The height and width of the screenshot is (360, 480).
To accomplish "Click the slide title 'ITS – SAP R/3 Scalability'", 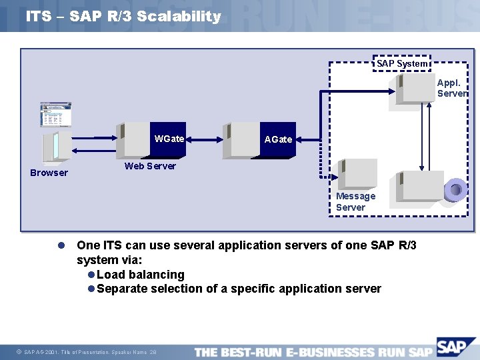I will tap(123, 17).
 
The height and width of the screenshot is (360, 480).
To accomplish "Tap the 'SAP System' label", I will tap(402, 63).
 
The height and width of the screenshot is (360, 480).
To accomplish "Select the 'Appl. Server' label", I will tap(451, 88).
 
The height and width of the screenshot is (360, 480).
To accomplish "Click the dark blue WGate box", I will tap(170, 140).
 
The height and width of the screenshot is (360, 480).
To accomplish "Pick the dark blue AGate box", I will tap(278, 140).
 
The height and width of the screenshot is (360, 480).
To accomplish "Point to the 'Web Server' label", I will tap(150, 166).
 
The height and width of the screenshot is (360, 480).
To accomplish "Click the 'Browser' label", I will tap(49, 173).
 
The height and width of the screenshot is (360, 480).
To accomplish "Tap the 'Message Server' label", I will tap(355, 201).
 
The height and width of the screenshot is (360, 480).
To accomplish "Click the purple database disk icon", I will tap(456, 189).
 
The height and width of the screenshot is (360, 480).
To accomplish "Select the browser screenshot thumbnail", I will tap(55, 115).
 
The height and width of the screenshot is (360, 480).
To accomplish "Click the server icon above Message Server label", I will tap(357, 175).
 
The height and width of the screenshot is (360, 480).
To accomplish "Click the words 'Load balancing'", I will tap(141, 275).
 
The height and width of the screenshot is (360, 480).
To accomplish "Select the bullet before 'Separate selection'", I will tap(91, 289).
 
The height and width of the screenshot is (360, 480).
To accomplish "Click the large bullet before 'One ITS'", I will tap(60, 245).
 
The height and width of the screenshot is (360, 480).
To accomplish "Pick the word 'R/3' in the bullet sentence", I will tap(403, 245).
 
